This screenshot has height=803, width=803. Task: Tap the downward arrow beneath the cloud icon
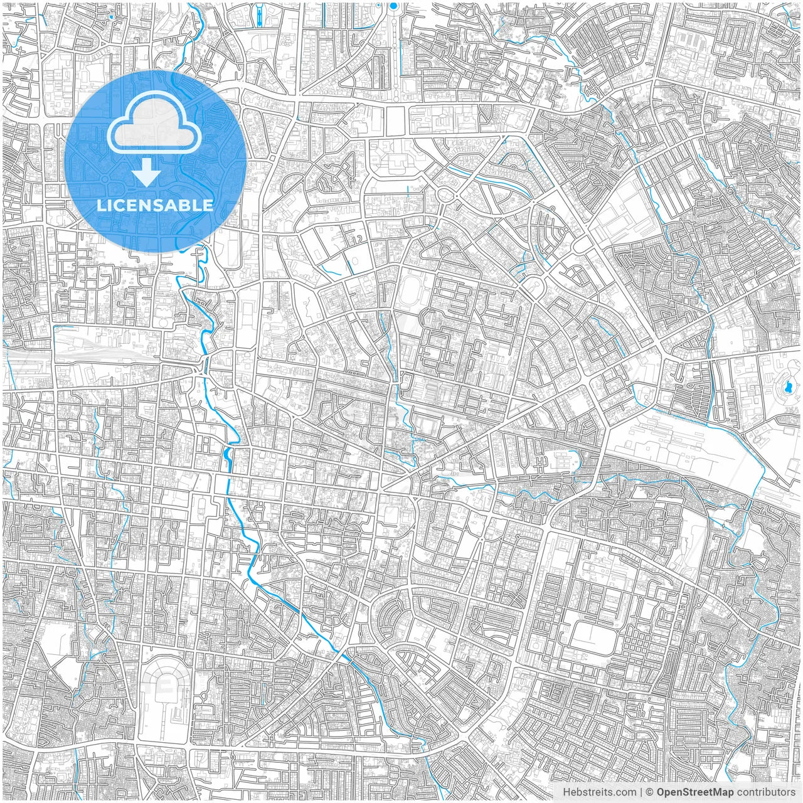point(147,172)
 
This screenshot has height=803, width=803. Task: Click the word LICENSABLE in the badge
point(155,205)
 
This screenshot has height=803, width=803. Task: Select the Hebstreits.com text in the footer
point(599,792)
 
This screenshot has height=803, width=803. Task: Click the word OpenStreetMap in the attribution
point(694,792)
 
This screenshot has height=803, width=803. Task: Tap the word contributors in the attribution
point(765,792)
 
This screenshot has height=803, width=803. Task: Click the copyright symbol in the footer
point(650,792)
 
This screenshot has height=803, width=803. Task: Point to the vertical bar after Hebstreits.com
point(641,792)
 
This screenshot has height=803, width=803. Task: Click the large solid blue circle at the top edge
point(393,6)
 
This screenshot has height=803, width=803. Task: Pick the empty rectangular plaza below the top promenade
point(395,120)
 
